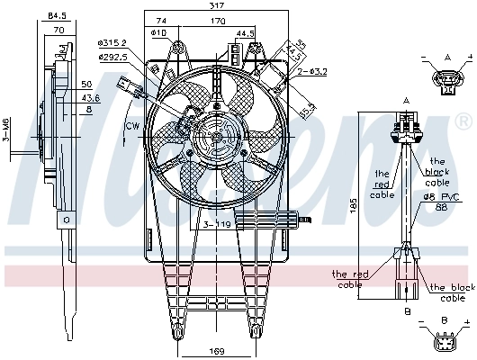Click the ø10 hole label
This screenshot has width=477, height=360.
point(159,33)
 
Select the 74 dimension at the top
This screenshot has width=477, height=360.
point(161,20)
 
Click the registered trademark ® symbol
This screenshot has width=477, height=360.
point(463,120)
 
